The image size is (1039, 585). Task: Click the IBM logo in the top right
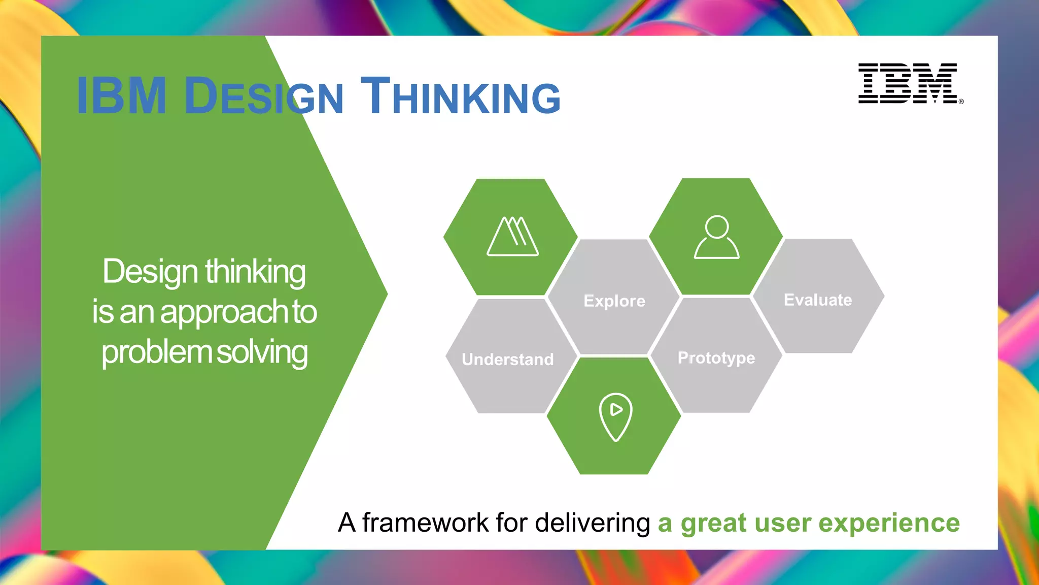tap(908, 83)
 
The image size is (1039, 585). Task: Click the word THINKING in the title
tap(460, 96)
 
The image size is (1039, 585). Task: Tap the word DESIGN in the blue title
tap(264, 96)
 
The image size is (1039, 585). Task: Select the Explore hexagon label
tap(614, 301)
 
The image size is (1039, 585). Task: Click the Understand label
tap(508, 360)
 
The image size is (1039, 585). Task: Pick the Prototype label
tap(716, 358)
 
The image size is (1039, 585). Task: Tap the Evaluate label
tap(818, 300)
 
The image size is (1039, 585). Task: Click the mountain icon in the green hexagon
tap(512, 237)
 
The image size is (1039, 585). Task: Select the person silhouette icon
tap(716, 237)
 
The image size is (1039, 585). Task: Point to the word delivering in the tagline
tap(592, 523)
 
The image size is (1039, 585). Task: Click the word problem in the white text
tap(156, 352)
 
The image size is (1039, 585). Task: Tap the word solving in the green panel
tap(262, 352)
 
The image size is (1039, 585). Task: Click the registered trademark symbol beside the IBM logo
tap(961, 102)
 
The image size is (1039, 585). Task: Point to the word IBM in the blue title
tap(122, 96)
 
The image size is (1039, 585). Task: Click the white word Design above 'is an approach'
tap(150, 273)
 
